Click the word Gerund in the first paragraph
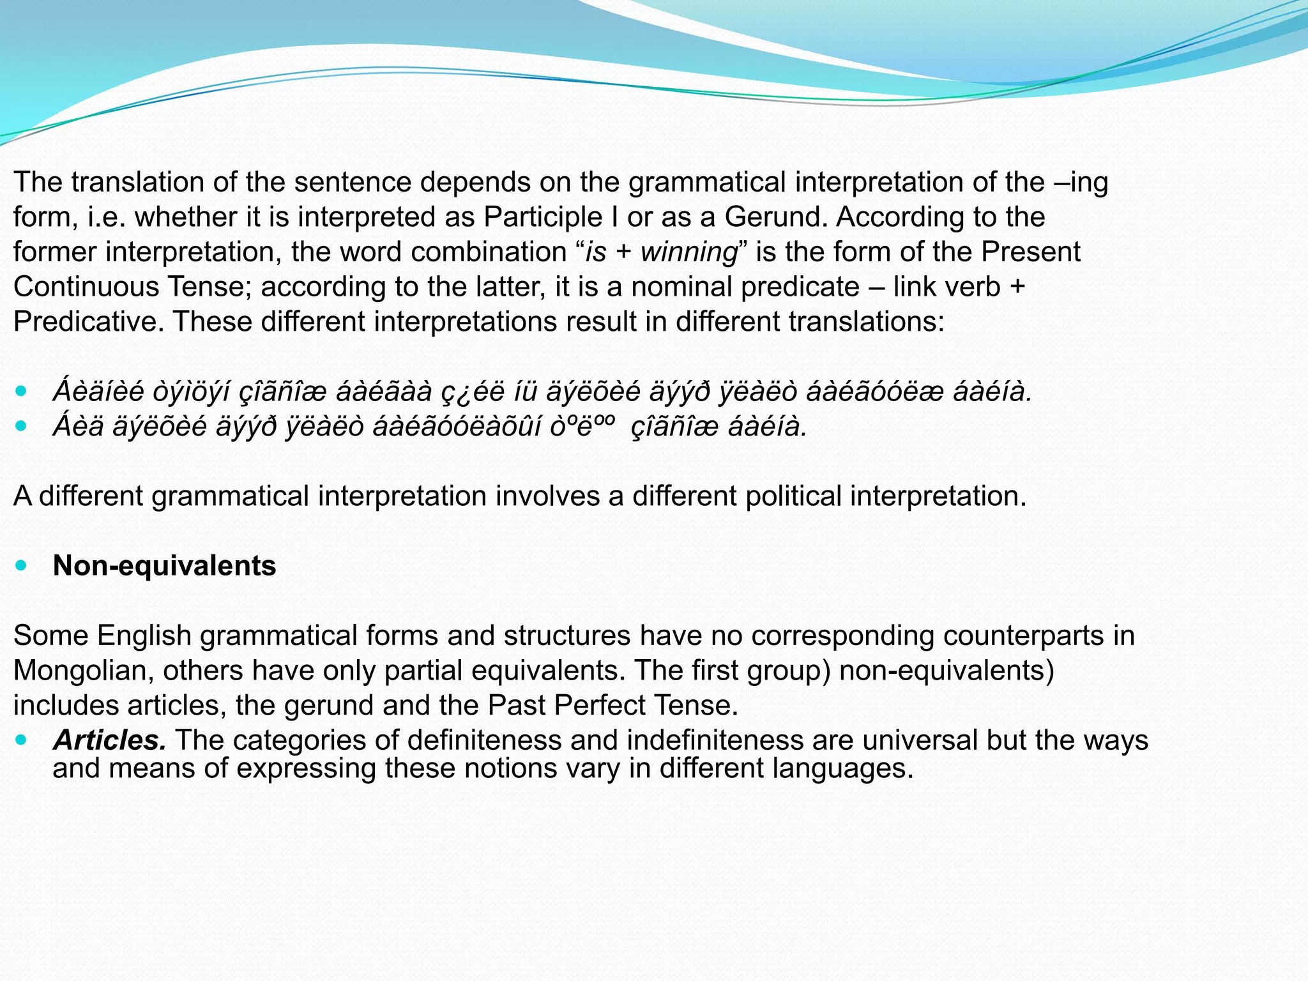coord(775,217)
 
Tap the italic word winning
coord(689,252)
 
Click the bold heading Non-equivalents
coord(164,566)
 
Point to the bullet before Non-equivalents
coord(22,565)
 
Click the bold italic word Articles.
coord(109,740)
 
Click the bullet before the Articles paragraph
coord(22,740)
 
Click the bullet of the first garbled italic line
coord(22,390)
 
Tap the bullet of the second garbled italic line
coord(22,425)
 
